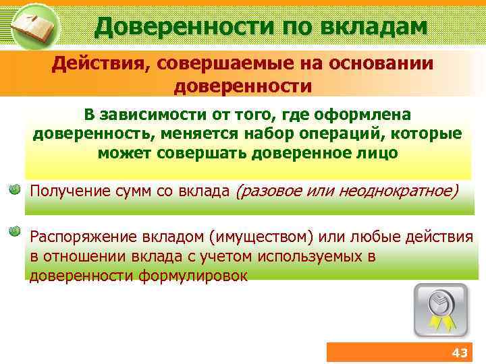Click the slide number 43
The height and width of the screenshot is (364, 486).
pyautogui.click(x=459, y=353)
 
